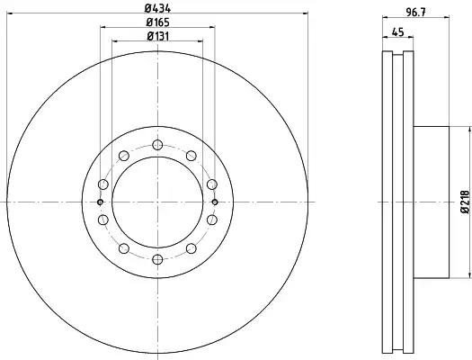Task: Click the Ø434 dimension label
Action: pos(157,8)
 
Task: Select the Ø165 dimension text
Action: pos(157,22)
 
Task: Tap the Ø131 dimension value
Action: pos(157,36)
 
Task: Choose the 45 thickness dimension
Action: pos(398,31)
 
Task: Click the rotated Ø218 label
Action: pos(466,202)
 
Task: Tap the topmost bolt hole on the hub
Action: pos(157,145)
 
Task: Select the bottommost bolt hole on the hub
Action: pos(157,259)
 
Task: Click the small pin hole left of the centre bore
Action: pos(100,202)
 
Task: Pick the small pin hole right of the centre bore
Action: pos(215,202)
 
